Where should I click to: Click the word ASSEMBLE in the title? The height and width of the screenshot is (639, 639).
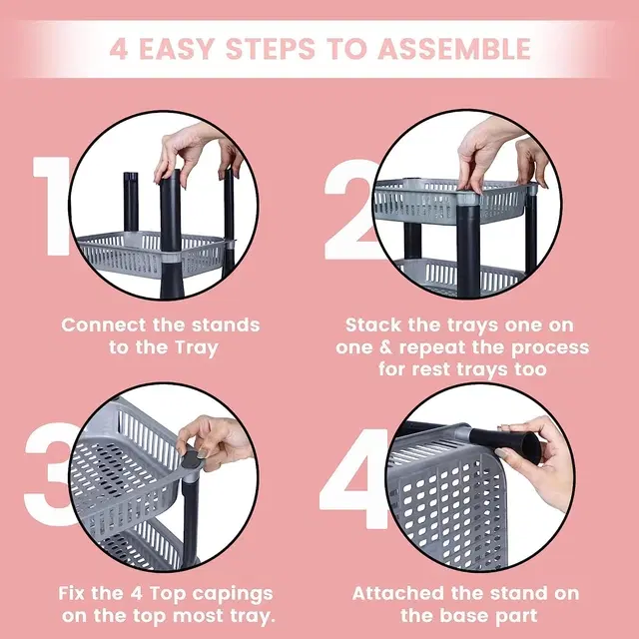tap(454, 49)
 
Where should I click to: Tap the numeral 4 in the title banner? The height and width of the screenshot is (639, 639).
tap(118, 49)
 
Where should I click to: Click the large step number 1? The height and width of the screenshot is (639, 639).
tap(51, 206)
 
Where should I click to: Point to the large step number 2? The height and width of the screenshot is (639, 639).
tap(350, 210)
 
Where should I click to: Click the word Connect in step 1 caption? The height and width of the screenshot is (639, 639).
tap(103, 325)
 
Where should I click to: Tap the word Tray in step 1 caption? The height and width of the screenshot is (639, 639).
tap(197, 348)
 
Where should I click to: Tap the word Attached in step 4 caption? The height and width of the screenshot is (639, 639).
tap(398, 593)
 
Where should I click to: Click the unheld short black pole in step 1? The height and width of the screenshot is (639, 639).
tap(131, 202)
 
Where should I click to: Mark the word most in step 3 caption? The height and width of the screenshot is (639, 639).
tap(197, 616)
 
